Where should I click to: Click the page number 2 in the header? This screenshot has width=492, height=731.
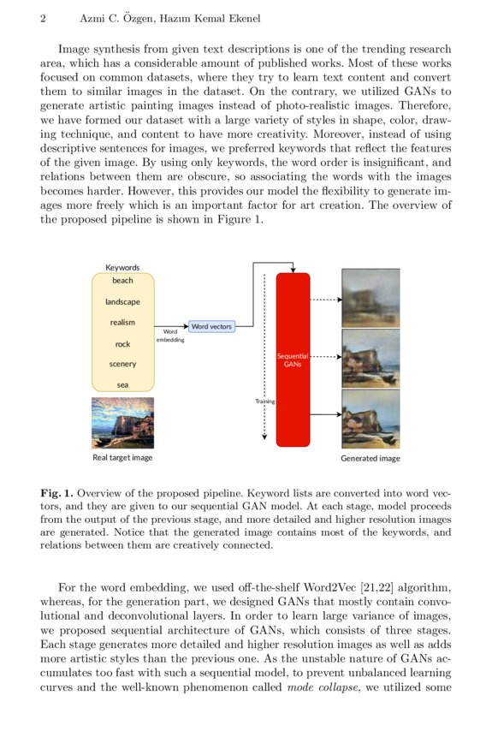43,19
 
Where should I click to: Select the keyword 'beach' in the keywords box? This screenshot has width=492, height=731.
122,281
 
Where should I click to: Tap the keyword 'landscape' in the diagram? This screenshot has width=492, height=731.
122,301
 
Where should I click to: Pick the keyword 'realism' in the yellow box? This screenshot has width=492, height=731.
122,323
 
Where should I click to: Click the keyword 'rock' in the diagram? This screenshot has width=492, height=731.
122,344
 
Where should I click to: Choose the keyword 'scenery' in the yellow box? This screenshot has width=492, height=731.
122,365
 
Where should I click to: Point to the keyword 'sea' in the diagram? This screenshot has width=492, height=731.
122,385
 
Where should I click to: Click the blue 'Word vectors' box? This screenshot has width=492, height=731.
211,326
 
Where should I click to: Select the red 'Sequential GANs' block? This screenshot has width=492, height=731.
293,360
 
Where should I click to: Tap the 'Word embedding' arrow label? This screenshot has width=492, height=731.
169,335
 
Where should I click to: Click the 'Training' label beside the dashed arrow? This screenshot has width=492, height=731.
264,401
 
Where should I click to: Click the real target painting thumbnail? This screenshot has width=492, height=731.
122,422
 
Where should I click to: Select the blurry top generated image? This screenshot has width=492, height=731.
370,298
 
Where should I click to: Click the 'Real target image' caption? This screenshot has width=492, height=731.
122,458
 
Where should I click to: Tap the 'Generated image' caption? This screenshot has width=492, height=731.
370,459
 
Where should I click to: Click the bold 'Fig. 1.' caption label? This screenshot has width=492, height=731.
56,494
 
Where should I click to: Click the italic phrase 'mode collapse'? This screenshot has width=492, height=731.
316,689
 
